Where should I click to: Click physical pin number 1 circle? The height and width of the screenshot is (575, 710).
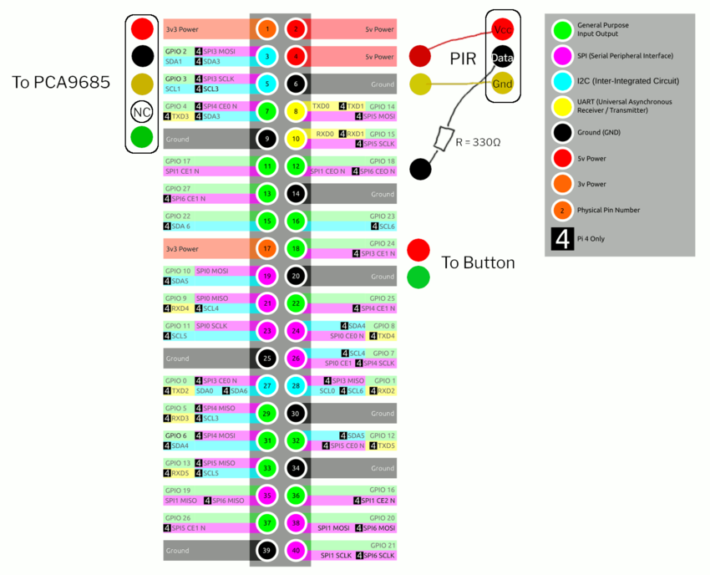pyautogui.click(x=267, y=29)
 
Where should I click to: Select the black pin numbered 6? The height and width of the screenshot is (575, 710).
pyautogui.click(x=296, y=84)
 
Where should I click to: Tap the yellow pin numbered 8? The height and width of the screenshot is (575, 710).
pyautogui.click(x=296, y=111)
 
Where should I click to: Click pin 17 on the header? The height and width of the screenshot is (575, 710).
pyautogui.click(x=267, y=248)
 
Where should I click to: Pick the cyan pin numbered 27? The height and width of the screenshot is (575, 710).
pyautogui.click(x=267, y=385)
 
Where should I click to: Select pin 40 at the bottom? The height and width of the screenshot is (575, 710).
pyautogui.click(x=296, y=551)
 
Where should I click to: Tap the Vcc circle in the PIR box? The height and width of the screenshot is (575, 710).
pyautogui.click(x=503, y=30)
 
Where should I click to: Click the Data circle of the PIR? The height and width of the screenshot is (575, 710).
pyautogui.click(x=503, y=57)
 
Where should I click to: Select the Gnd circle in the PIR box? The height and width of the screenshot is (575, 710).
pyautogui.click(x=503, y=84)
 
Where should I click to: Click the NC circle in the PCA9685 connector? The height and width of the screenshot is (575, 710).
pyautogui.click(x=142, y=111)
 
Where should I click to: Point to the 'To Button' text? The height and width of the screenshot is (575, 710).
pyautogui.click(x=478, y=262)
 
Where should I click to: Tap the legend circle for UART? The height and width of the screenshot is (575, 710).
pyautogui.click(x=563, y=107)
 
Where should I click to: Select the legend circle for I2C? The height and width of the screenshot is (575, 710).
pyautogui.click(x=563, y=81)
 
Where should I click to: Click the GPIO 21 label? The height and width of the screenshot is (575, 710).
pyautogui.click(x=383, y=545)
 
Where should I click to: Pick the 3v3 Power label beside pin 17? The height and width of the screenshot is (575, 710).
pyautogui.click(x=182, y=248)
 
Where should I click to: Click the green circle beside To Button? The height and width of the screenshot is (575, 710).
pyautogui.click(x=418, y=277)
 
